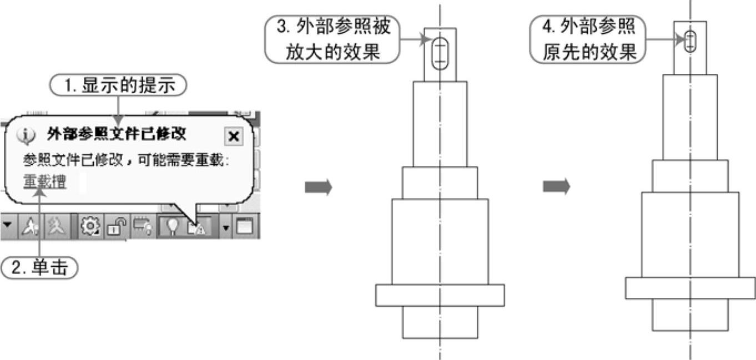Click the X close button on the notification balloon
[x=234, y=136]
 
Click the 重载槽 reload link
[x=44, y=181]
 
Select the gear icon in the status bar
[x=88, y=226]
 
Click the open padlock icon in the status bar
[x=115, y=226]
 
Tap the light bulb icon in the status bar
[x=173, y=226]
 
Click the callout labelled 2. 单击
[x=39, y=268]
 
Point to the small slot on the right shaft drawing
[x=690, y=40]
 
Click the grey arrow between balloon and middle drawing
[x=318, y=187]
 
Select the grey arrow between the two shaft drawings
[x=556, y=187]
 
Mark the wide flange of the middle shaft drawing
[x=440, y=295]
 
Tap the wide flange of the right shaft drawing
[x=690, y=288]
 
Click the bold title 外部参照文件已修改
[x=117, y=134]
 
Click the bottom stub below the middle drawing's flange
[x=440, y=322]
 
